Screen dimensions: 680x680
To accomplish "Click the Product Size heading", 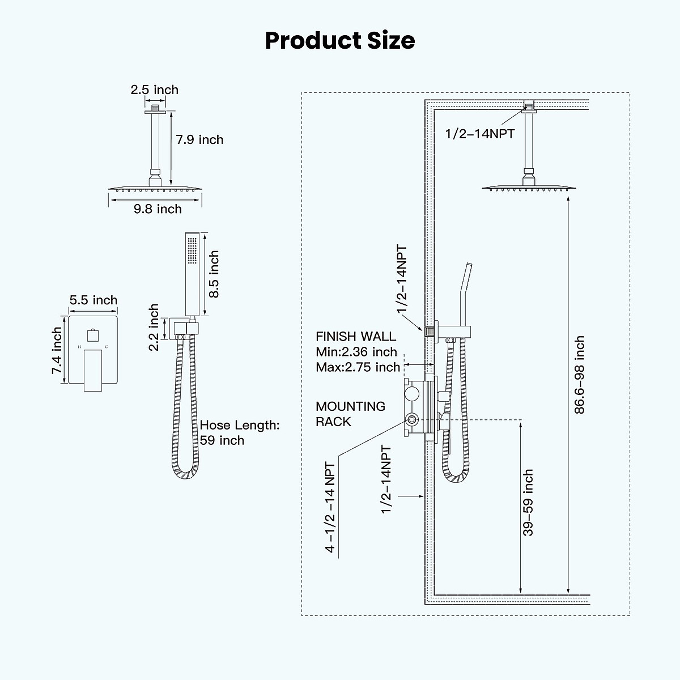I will [340, 41].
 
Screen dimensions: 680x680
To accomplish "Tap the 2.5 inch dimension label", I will [154, 90].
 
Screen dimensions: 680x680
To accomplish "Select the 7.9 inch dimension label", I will [199, 139].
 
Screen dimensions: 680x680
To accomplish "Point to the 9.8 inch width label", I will [158, 209].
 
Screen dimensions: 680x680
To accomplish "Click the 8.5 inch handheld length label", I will [214, 274].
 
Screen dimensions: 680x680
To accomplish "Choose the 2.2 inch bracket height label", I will [154, 328].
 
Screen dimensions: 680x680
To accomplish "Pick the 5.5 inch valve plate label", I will [93, 300].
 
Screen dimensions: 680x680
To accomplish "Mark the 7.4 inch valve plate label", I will [57, 351].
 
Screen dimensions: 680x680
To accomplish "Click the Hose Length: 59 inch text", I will [239, 433].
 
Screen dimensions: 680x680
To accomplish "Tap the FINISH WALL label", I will [356, 337].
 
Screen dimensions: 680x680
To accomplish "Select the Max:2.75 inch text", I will [358, 367].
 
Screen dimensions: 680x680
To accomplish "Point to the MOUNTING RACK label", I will [350, 414].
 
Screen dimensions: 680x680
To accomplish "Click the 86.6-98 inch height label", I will [579, 375].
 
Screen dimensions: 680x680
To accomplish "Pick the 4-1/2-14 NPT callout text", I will [330, 506].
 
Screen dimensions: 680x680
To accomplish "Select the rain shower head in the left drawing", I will [154, 188].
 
